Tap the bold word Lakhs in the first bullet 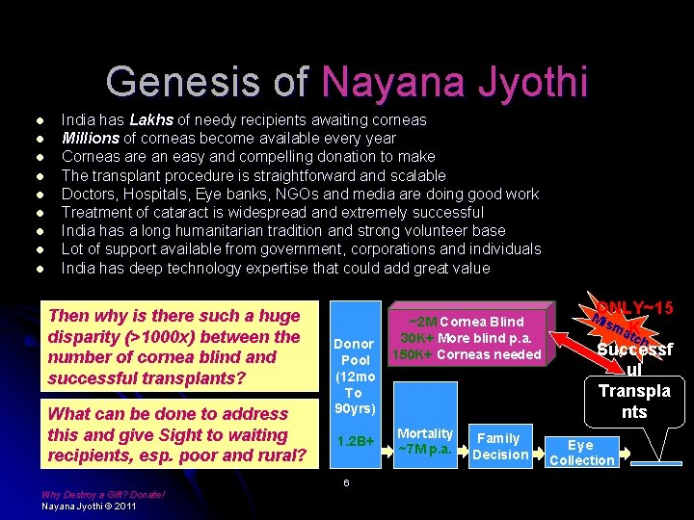click(x=151, y=120)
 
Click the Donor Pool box click(x=353, y=376)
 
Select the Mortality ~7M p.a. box click(x=425, y=443)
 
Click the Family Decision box click(x=499, y=446)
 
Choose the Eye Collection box click(x=580, y=453)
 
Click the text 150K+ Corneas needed click(x=465, y=354)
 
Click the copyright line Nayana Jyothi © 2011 click(x=89, y=506)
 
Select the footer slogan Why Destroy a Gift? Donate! click(x=103, y=495)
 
